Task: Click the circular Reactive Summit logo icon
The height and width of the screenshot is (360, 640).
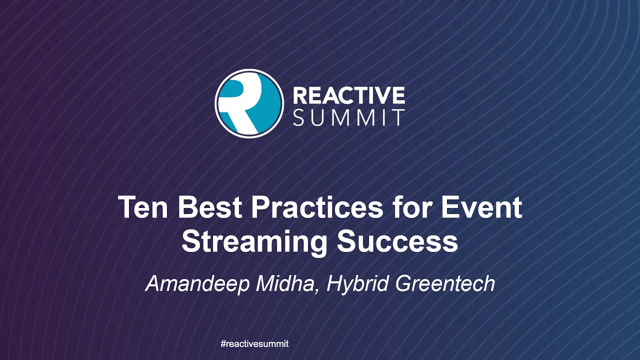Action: (x=249, y=103)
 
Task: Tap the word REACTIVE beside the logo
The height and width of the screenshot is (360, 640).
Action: (x=349, y=95)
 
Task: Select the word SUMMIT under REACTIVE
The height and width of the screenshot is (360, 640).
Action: (x=349, y=117)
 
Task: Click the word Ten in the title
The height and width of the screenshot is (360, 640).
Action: (x=143, y=207)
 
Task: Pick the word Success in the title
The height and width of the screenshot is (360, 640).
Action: (x=397, y=241)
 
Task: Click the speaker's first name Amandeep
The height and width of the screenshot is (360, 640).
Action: (x=198, y=283)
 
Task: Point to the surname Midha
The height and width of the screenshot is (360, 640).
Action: (x=284, y=283)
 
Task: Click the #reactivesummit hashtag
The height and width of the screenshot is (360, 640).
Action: (x=254, y=343)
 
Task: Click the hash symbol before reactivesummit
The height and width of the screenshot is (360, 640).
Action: (x=223, y=343)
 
